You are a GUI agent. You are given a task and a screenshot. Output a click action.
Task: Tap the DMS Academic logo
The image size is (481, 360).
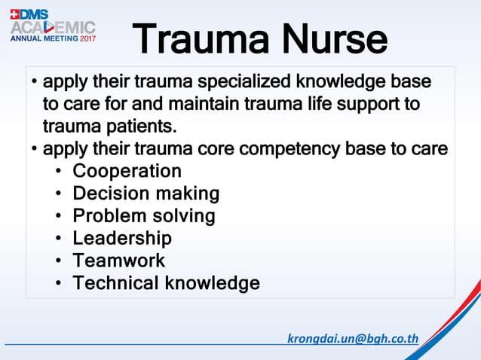[x=53, y=26]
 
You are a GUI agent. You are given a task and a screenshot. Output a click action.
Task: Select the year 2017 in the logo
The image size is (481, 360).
[x=87, y=38]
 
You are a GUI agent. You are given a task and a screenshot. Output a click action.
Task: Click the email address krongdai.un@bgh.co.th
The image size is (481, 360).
[x=353, y=338]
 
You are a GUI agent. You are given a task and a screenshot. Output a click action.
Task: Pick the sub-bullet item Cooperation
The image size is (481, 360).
[x=127, y=171]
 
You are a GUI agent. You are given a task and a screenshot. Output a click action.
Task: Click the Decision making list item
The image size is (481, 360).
[x=146, y=194]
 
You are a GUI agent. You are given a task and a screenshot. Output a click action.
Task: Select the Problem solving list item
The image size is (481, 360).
[x=143, y=216]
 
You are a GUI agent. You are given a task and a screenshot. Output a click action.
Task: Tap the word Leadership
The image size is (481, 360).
[x=122, y=239]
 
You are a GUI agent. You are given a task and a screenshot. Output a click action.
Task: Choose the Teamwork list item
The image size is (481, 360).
[x=118, y=261]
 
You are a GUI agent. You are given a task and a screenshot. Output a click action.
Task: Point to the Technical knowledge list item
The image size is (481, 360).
[x=166, y=283]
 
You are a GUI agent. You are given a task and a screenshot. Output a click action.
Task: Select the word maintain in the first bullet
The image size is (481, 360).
[x=195, y=103]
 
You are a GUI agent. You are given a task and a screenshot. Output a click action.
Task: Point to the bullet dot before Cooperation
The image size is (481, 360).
[x=59, y=172]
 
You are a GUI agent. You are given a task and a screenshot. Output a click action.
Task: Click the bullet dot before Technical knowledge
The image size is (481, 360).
[x=59, y=284]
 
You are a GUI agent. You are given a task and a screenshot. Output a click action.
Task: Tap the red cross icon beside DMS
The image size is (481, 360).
[x=15, y=14]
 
